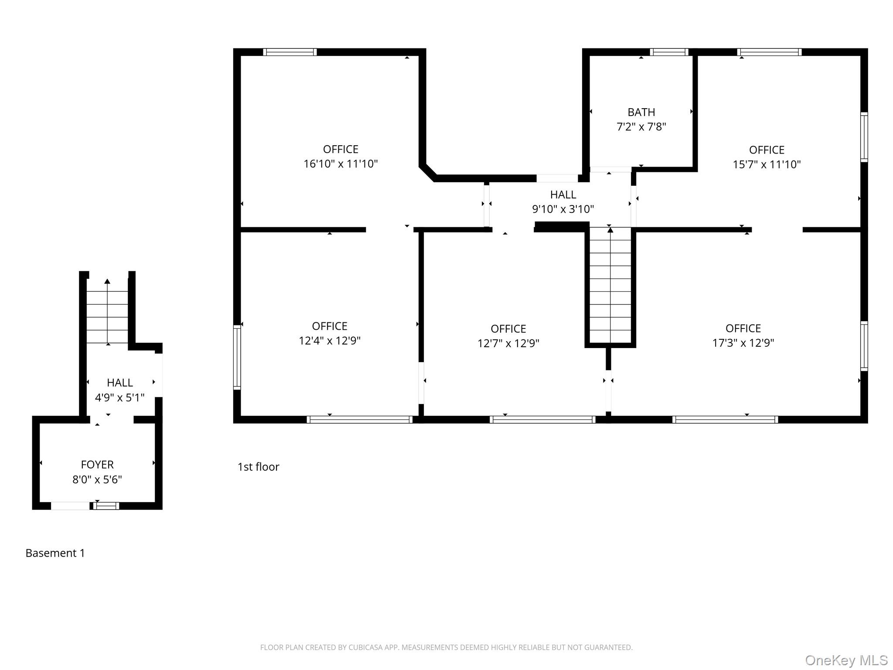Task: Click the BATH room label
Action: pos(641,113)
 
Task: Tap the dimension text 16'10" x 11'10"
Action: pos(341,164)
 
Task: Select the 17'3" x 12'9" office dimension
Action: pos(743,343)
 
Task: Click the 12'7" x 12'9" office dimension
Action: pos(508,343)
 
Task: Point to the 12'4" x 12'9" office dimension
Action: pos(329,341)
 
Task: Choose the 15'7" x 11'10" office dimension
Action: pos(767,164)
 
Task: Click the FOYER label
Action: pos(97,465)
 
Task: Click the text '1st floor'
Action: pos(258,467)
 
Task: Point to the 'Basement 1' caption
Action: pos(55,553)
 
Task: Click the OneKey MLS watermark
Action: pos(846,660)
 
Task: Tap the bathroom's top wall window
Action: pos(669,52)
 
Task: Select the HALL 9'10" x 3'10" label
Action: pos(562,202)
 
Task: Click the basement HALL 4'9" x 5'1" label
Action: pos(119,390)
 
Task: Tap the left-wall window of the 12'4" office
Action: pos(237,357)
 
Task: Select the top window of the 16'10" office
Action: pos(290,52)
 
